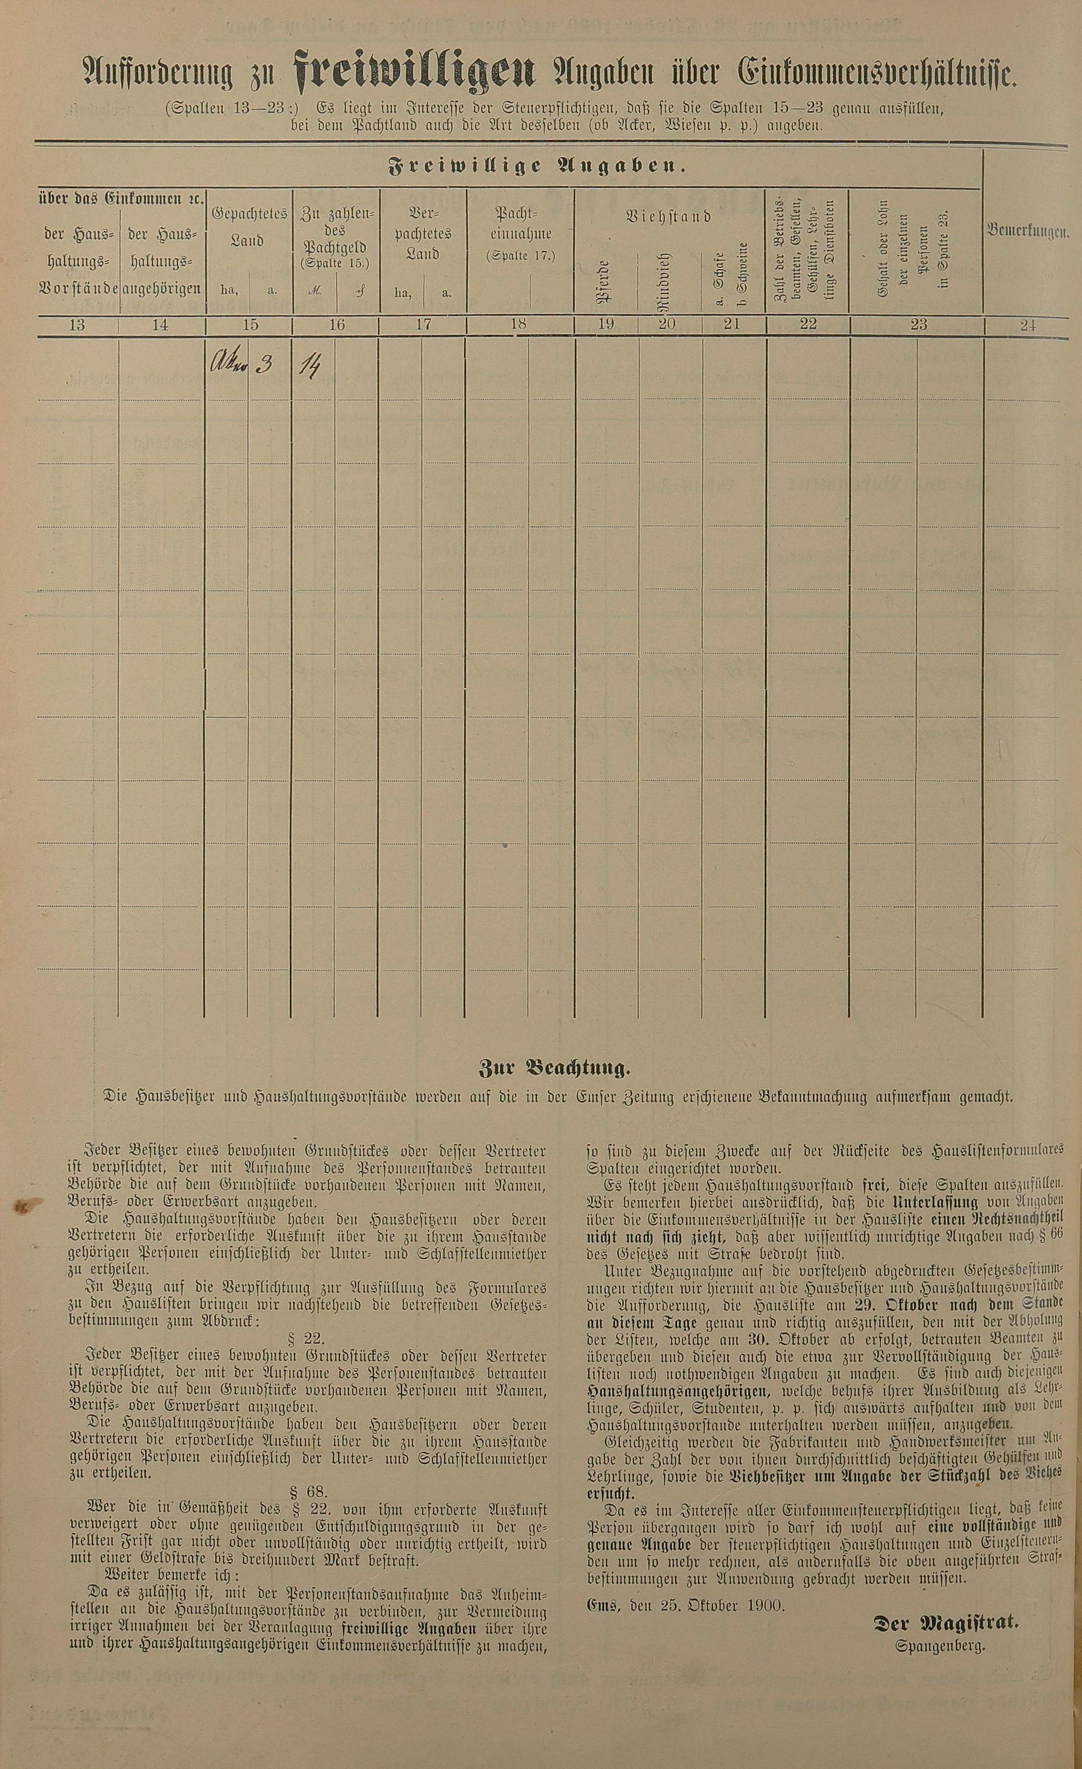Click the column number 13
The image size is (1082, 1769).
(x=77, y=325)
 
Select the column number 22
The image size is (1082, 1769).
(x=808, y=325)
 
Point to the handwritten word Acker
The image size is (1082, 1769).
(x=227, y=365)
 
